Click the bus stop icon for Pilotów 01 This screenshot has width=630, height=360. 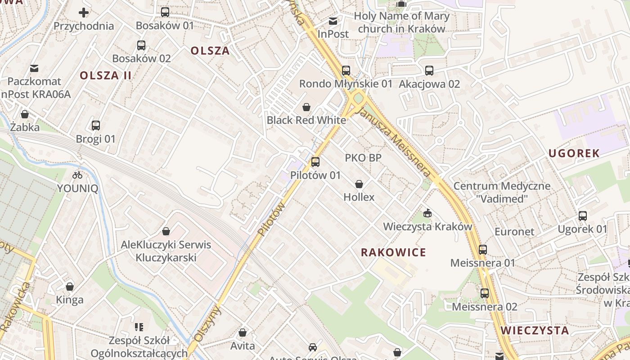click(315, 162)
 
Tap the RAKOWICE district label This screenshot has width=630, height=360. click(393, 252)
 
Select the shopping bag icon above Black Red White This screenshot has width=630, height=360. click(306, 107)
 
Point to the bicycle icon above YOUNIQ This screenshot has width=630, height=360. click(77, 175)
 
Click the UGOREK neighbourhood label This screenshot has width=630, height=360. click(574, 153)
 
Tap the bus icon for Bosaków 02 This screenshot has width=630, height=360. click(141, 45)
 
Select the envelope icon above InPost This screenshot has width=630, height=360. click(333, 21)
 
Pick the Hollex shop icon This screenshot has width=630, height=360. click(359, 184)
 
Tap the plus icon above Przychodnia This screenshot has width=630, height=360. click(84, 13)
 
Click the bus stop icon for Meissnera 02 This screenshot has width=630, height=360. click(485, 293)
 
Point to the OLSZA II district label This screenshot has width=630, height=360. click(106, 76)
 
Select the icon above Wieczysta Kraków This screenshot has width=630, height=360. click(427, 213)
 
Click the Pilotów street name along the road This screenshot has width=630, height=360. click(272, 219)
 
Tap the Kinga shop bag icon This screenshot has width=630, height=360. click(70, 287)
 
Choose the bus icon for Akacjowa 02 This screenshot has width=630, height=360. click(429, 71)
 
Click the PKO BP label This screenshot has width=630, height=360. click(363, 158)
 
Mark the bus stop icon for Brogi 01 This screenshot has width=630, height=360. click(96, 126)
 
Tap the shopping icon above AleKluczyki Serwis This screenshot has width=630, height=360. click(166, 231)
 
